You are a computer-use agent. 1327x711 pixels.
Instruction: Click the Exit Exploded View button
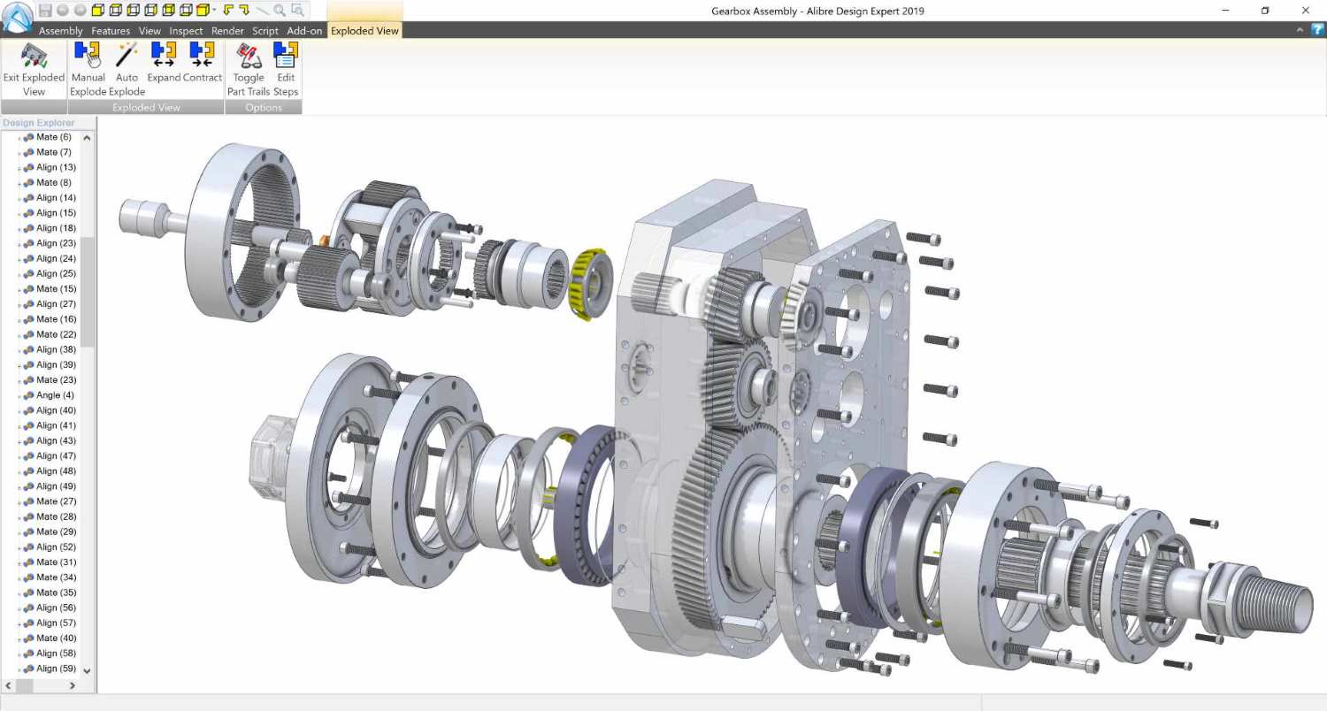[34, 69]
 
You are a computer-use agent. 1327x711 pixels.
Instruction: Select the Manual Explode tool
[88, 69]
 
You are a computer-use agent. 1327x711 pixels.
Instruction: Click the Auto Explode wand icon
[127, 69]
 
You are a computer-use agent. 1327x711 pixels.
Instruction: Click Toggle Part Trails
[249, 69]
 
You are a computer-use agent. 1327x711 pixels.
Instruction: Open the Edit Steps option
[285, 69]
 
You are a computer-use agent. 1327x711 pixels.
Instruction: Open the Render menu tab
[227, 31]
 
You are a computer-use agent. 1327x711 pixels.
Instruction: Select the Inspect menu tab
[186, 31]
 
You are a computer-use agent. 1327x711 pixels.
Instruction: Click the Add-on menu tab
[304, 31]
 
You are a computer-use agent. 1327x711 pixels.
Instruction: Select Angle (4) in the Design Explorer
[55, 395]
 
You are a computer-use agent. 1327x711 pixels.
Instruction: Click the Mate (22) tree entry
[56, 334]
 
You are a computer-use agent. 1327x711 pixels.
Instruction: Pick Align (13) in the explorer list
[56, 167]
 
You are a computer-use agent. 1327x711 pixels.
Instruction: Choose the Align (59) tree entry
[56, 669]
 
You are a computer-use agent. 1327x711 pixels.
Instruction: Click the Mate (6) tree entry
[53, 137]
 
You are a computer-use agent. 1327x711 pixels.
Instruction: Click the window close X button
[1305, 11]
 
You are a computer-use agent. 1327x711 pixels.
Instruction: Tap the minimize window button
[1225, 11]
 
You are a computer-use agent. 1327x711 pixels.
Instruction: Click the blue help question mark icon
[1316, 30]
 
